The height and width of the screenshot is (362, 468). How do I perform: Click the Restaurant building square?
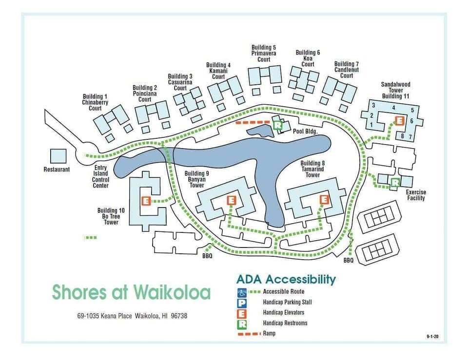[58, 156]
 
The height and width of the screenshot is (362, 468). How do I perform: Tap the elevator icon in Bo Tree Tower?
[145, 200]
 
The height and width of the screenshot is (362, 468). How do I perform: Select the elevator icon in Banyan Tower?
[231, 200]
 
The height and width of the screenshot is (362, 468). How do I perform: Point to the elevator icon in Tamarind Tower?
[324, 199]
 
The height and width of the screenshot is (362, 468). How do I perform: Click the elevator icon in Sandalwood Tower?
[399, 120]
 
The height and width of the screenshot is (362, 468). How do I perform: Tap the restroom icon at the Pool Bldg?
[278, 125]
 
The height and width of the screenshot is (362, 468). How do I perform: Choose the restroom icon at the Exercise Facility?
[395, 182]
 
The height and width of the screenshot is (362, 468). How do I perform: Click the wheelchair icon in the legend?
[242, 292]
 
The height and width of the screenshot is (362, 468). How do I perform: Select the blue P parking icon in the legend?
[242, 303]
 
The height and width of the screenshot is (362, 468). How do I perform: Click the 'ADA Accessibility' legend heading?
[286, 279]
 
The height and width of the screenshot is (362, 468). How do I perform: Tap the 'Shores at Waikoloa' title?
[131, 292]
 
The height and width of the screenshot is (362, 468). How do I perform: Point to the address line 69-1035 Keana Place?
[132, 316]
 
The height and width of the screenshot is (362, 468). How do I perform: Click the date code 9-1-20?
[432, 337]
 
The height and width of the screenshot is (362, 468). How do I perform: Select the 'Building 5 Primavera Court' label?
[264, 53]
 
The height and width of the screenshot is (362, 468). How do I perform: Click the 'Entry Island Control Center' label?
[100, 176]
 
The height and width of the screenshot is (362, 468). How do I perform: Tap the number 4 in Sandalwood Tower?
[393, 108]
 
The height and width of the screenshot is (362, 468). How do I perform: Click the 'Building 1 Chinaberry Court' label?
[95, 102]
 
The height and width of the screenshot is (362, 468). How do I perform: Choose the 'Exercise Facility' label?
[415, 195]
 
